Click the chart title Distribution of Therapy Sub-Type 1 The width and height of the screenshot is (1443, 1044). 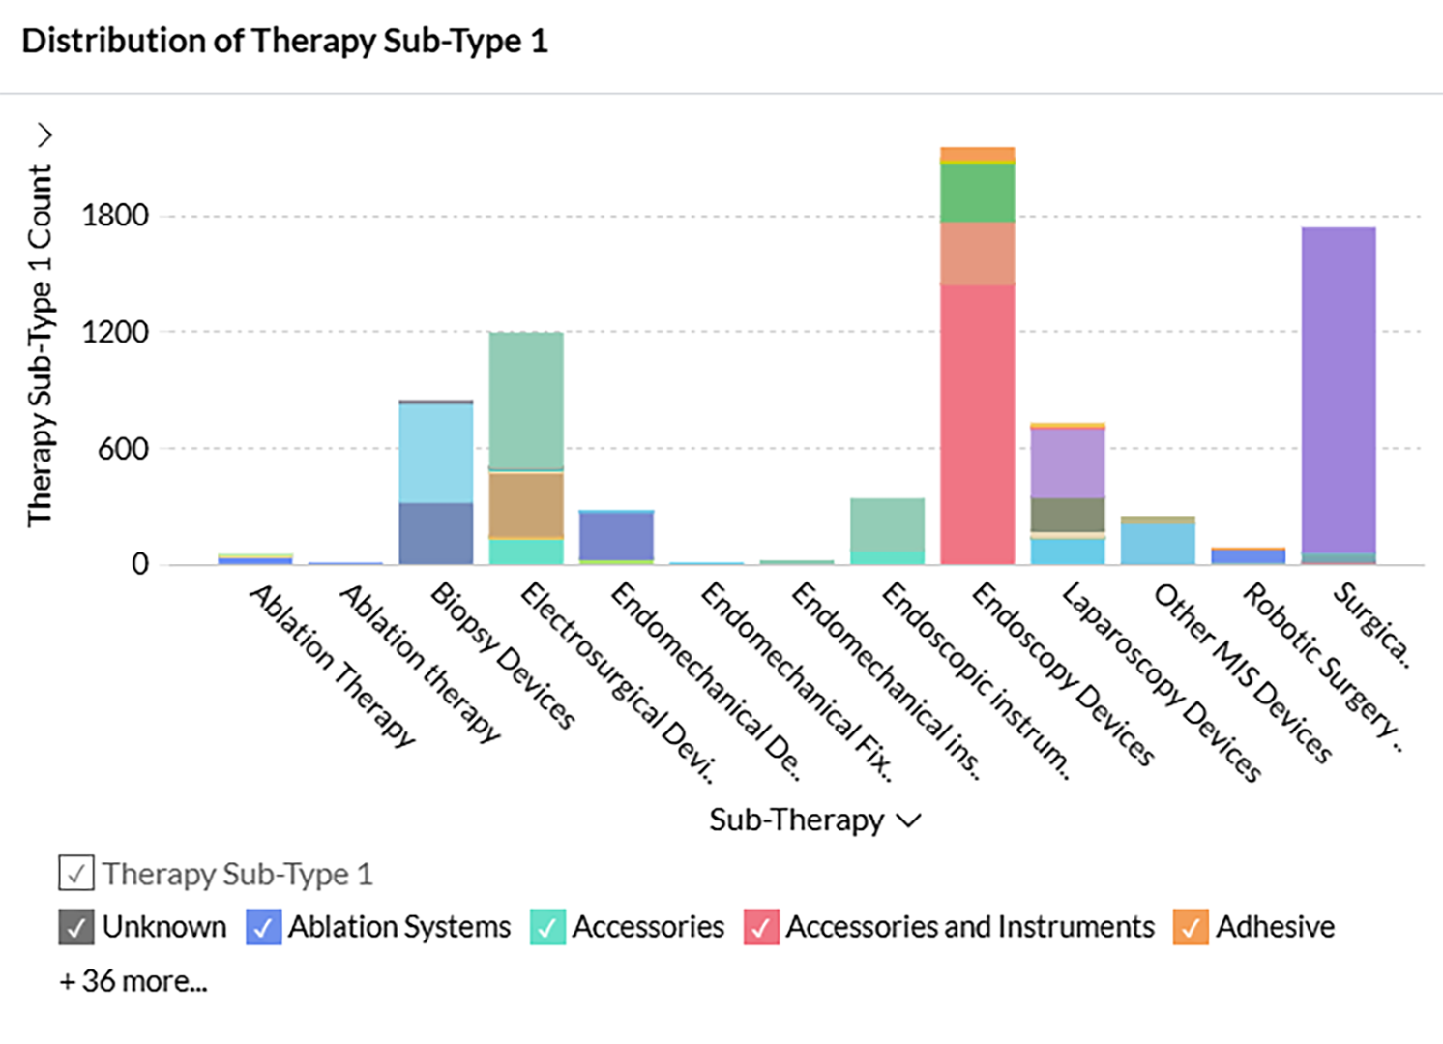284,42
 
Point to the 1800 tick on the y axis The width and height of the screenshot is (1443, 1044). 116,215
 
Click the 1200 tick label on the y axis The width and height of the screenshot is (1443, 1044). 116,332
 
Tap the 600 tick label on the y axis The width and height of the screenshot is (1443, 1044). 123,449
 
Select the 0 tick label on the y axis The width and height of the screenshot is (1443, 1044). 140,565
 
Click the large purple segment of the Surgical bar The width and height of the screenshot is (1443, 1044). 1339,387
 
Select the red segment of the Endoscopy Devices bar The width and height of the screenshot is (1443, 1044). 977,426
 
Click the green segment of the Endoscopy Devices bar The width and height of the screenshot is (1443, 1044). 977,194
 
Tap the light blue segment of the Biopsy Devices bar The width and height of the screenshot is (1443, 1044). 436,453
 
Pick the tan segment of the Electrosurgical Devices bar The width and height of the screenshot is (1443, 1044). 526,503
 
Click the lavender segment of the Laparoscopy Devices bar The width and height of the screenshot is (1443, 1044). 1068,462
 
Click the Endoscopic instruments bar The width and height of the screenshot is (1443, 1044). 887,527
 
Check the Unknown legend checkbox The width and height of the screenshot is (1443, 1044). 76,927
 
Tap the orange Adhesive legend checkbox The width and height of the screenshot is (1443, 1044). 1191,927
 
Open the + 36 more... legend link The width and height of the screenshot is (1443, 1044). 133,981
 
